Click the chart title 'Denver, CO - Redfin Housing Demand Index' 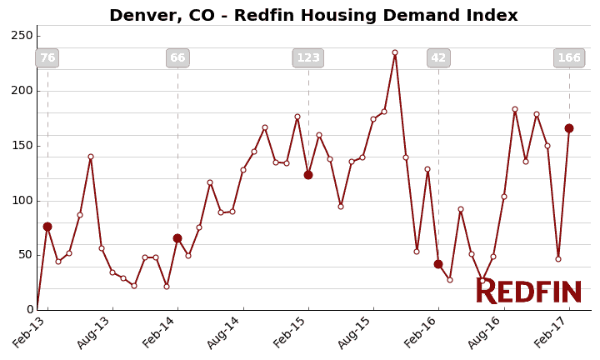point(313,16)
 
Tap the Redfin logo point(528,292)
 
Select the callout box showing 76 point(47,58)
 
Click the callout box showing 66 point(177,58)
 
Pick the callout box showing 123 point(308,58)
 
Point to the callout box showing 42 point(438,58)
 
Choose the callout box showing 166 point(569,58)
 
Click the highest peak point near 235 point(395,52)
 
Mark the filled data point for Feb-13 point(47,227)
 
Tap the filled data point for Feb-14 point(177,238)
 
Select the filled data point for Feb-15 point(308,175)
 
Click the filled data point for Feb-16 point(438,264)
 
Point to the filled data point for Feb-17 point(569,128)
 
